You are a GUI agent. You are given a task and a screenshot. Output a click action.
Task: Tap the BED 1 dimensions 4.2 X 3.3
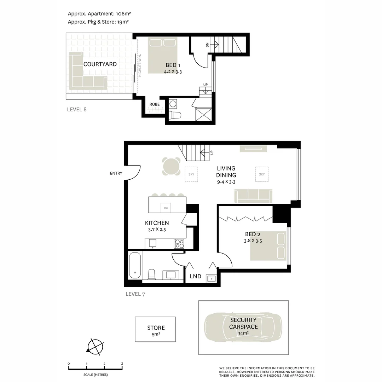(x=173, y=72)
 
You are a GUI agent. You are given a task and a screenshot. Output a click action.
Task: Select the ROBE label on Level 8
(x=154, y=104)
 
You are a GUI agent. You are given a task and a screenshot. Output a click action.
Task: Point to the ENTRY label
(x=116, y=173)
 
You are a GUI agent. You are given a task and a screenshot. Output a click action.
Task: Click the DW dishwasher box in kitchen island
(x=166, y=208)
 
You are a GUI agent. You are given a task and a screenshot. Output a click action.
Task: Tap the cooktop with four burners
(x=179, y=244)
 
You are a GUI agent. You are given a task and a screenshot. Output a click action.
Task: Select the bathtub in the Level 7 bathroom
(x=135, y=265)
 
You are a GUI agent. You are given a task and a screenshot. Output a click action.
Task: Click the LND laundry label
(x=196, y=276)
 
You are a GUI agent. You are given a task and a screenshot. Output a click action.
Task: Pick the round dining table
(x=170, y=166)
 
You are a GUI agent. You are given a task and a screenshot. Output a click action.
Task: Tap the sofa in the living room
(x=253, y=196)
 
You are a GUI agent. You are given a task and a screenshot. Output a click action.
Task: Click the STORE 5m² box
(x=155, y=329)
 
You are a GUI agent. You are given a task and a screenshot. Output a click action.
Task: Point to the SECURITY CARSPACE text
(x=243, y=323)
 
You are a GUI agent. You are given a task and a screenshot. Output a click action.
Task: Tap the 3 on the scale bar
(x=122, y=364)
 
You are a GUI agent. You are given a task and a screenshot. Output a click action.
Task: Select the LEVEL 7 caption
(x=135, y=294)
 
